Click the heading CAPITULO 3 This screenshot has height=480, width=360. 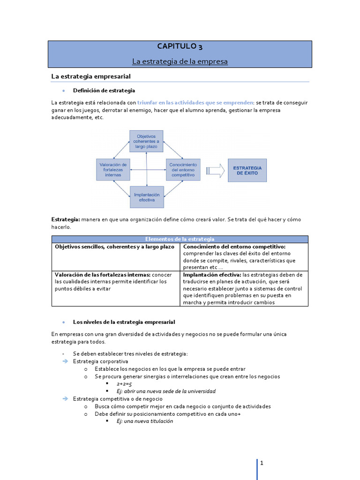pyautogui.click(x=180, y=46)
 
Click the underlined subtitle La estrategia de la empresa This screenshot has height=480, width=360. pyautogui.click(x=180, y=61)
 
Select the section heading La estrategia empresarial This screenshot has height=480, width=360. pyautogui.click(x=90, y=76)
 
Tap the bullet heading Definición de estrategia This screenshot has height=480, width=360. pyautogui.click(x=104, y=90)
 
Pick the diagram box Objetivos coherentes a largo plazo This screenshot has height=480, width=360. pyautogui.click(x=147, y=141)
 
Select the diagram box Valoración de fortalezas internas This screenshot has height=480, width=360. pyautogui.click(x=113, y=170)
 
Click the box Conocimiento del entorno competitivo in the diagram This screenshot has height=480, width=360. pyautogui.click(x=183, y=170)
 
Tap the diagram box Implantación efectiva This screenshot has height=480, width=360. pyautogui.click(x=147, y=197)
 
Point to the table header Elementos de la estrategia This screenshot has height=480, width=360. pyautogui.click(x=180, y=239)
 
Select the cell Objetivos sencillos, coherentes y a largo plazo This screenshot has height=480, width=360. pyautogui.click(x=114, y=247)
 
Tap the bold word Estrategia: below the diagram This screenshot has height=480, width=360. pyautogui.click(x=66, y=219)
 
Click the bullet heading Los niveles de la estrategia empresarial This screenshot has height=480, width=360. pyautogui.click(x=124, y=322)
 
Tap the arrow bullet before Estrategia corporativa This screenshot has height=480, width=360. pyautogui.click(x=65, y=361)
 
